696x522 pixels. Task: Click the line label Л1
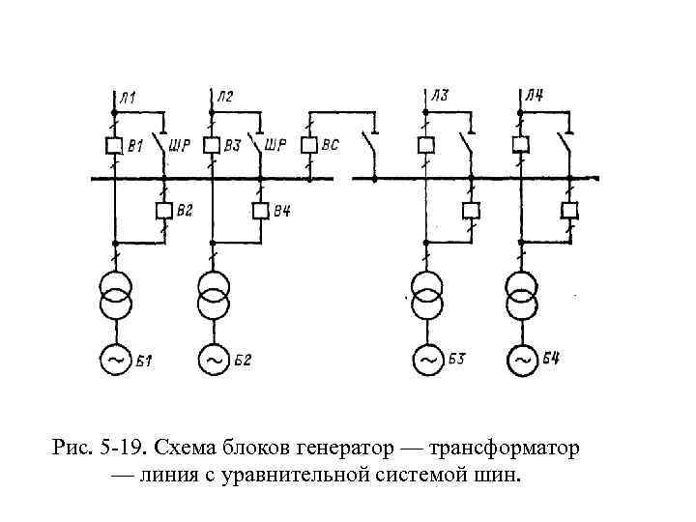(x=129, y=96)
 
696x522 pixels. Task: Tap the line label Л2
(x=224, y=96)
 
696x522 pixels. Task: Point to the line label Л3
(x=440, y=96)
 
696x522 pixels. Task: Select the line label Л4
(x=534, y=96)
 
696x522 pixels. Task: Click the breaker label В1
(x=136, y=147)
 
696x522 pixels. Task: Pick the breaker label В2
(x=185, y=210)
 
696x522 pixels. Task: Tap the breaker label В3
(x=232, y=147)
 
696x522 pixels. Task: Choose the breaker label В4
(x=281, y=210)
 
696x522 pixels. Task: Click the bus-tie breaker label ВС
(x=331, y=147)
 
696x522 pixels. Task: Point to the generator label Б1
(x=146, y=361)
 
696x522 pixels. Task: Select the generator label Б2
(x=243, y=361)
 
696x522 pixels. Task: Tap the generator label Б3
(x=457, y=361)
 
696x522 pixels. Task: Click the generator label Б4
(x=551, y=361)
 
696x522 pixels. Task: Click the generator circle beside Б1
(x=115, y=360)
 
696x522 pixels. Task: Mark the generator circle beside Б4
(x=522, y=360)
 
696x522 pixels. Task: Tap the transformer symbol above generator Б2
(x=213, y=295)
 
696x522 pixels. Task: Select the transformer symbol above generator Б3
(x=426, y=295)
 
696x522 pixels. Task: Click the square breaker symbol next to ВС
(x=308, y=146)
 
